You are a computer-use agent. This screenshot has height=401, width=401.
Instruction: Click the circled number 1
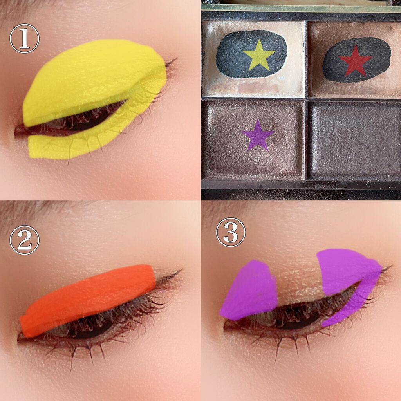pyautogui.click(x=25, y=39)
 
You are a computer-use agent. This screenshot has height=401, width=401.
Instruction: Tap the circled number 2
pyautogui.click(x=25, y=240)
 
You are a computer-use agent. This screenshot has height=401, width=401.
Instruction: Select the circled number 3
pyautogui.click(x=231, y=232)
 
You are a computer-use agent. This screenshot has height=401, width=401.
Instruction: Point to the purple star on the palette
pyautogui.click(x=258, y=136)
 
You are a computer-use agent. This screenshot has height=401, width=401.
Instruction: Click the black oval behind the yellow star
pyautogui.click(x=251, y=54)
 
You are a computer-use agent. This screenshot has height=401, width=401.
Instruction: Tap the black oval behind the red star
pyautogui.click(x=357, y=60)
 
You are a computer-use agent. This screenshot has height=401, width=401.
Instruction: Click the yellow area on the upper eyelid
pyautogui.click(x=92, y=79)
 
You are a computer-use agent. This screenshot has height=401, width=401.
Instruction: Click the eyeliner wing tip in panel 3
pyautogui.click(x=392, y=266)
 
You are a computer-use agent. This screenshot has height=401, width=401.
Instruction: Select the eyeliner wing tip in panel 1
pyautogui.click(x=177, y=59)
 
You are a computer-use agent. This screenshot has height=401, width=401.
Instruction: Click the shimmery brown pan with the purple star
pyautogui.click(x=253, y=139)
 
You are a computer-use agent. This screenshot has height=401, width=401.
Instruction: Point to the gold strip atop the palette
pyautogui.click(x=301, y=9)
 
